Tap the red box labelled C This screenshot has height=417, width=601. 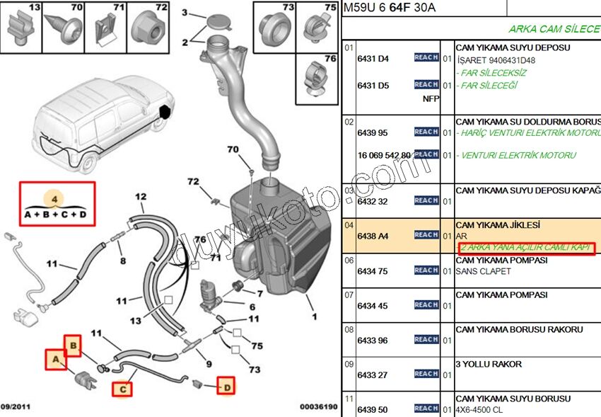pos(122,389)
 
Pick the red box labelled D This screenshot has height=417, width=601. pos(226,386)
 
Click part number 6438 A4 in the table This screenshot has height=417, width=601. pos(373,236)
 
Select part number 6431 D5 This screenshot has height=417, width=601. pos(373,86)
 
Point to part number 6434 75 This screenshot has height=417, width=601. pos(373,271)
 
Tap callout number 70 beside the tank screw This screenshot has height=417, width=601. pos(233,149)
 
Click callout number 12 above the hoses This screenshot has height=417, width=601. pos(141,197)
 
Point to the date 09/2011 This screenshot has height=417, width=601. pos(16,407)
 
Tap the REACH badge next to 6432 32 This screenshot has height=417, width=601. pos(426,200)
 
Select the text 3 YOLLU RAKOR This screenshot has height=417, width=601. pos(489,364)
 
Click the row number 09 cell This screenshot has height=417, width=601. pos(349,365)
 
